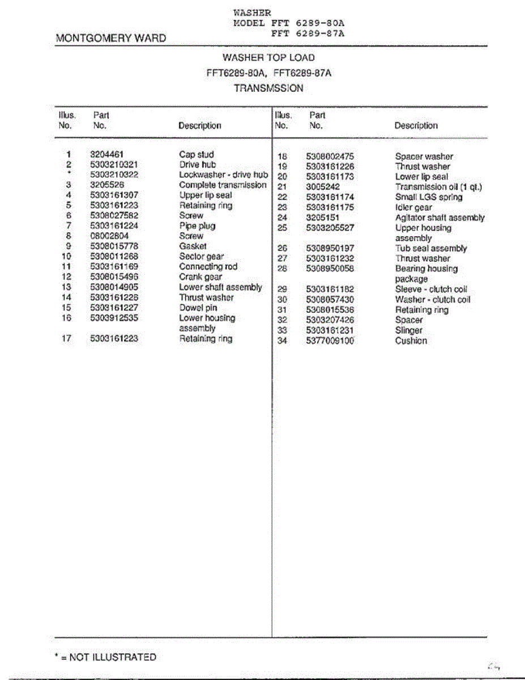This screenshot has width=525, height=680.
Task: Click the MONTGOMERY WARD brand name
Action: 111,39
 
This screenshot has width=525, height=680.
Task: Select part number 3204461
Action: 106,154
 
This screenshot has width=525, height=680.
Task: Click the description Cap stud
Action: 196,154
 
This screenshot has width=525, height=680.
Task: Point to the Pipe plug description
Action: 197,226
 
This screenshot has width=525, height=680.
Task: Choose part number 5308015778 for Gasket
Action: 114,246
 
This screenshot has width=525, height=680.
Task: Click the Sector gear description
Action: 201,257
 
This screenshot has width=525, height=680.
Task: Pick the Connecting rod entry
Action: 208,267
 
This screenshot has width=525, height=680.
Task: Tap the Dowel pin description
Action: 198,308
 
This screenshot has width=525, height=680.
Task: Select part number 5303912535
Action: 114,318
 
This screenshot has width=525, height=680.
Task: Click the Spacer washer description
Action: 424,156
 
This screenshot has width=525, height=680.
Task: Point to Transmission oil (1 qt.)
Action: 438,187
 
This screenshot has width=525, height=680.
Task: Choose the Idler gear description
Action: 413,207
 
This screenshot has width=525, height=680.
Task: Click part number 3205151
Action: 323,218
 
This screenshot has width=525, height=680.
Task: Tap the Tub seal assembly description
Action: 430,248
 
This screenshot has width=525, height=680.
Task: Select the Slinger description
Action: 408,330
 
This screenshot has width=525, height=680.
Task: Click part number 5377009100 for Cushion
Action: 330,341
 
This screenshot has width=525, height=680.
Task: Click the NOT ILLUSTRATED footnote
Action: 105,657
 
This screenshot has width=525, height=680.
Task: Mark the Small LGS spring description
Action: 428,197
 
